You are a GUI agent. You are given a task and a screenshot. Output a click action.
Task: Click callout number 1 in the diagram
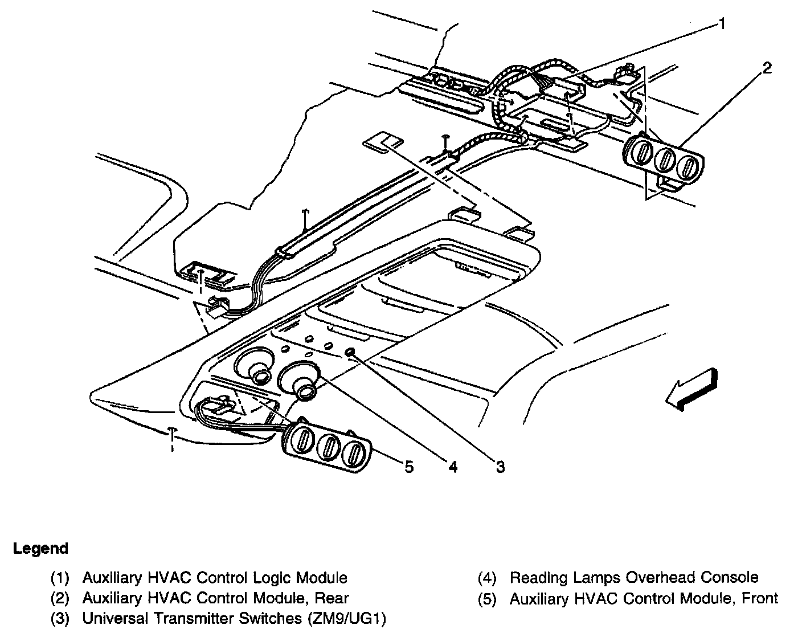pyautogui.click(x=722, y=24)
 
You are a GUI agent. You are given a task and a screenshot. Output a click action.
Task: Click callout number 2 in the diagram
pyautogui.click(x=767, y=68)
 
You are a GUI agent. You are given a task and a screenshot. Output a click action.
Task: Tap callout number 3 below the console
pyautogui.click(x=500, y=468)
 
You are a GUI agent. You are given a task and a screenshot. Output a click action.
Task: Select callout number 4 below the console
pyautogui.click(x=452, y=468)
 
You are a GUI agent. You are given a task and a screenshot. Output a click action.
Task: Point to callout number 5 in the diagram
pyautogui.click(x=408, y=468)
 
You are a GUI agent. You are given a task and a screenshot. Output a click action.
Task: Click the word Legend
pyautogui.click(x=40, y=549)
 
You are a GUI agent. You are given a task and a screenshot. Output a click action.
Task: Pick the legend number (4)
pyautogui.click(x=487, y=578)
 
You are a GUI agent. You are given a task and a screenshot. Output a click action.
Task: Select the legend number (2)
pyautogui.click(x=60, y=598)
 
